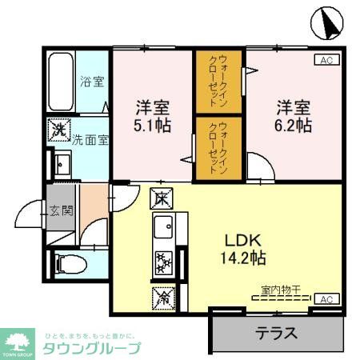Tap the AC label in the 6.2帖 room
[x=326, y=60]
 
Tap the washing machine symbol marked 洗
[x=59, y=127]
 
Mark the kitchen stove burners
[x=163, y=261]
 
